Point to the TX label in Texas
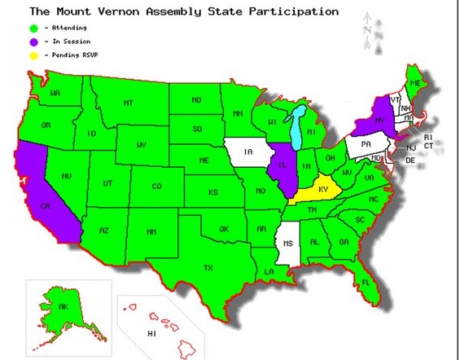pos(208,267)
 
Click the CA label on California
pos(45,205)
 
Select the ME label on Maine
pos(416,84)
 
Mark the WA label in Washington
pos(55,94)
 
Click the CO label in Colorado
pos(157,186)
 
